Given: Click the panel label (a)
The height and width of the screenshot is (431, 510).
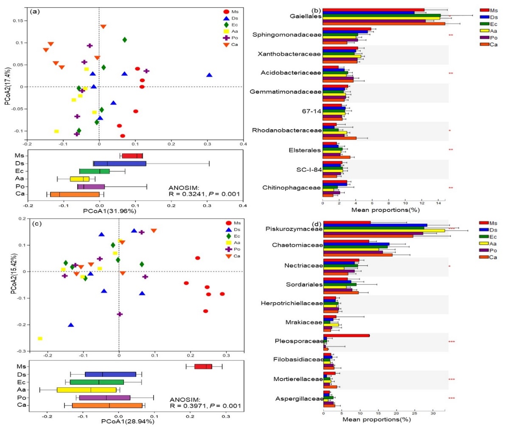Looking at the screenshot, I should click(35, 11).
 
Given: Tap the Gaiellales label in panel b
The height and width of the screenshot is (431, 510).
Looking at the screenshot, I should click(305, 16).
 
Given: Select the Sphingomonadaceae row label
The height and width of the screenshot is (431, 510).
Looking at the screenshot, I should click(287, 35).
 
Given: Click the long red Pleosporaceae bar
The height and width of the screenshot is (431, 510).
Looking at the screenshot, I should click(346, 336).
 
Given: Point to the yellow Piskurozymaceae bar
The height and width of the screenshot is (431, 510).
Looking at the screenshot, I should click(384, 231).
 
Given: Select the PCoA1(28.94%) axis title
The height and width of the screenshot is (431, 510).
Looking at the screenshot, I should click(127, 421).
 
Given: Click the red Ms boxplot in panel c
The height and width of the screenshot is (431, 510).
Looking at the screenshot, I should click(203, 367).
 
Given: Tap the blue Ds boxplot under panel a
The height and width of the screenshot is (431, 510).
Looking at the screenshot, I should click(120, 164).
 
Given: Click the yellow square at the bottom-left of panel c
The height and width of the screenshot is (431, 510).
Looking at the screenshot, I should click(40, 339).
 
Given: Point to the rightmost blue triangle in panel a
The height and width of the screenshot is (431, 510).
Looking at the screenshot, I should click(209, 75).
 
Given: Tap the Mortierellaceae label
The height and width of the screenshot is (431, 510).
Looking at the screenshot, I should click(298, 379).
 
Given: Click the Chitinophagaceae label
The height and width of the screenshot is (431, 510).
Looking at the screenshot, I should click(291, 188).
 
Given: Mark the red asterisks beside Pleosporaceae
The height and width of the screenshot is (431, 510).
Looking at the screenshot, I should click(451, 341).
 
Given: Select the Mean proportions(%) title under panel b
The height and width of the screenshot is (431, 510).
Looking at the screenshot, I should click(385, 210).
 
